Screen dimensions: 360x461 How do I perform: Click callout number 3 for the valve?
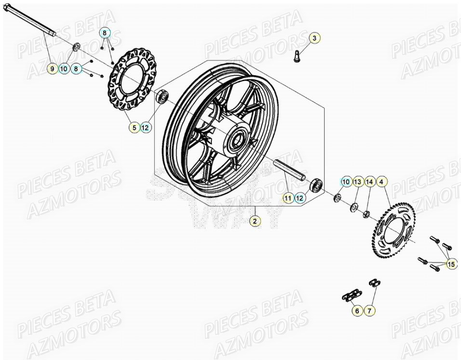(313, 38)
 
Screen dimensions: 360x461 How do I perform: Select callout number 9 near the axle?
(52, 69)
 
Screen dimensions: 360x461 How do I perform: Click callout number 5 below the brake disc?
(134, 128)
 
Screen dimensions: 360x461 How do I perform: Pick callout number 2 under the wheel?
(255, 221)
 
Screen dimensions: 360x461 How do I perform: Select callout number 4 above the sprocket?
(381, 182)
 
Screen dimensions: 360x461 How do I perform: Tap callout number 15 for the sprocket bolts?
(450, 264)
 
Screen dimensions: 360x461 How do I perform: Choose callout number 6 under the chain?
(357, 311)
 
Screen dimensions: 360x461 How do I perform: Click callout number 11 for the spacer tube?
(287, 197)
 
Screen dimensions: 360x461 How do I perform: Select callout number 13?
(357, 182)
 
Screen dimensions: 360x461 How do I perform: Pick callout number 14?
(369, 182)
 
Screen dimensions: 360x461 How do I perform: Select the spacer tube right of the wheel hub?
(290, 171)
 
